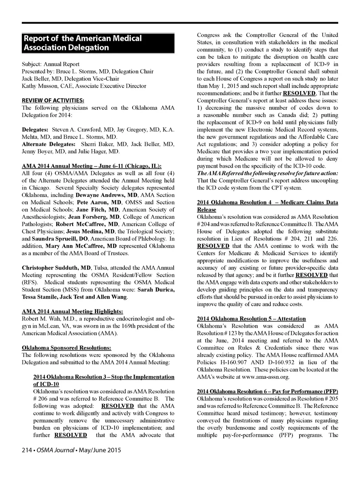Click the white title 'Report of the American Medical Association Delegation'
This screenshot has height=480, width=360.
pyautogui.click(x=83, y=43)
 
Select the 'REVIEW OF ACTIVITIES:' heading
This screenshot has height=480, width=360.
pyautogui.click(x=53, y=101)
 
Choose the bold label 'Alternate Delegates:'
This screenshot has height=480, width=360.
pyautogui.click(x=49, y=144)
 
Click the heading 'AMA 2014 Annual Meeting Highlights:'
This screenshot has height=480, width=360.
pyautogui.click(x=72, y=312)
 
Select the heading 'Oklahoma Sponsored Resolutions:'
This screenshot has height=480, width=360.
pyautogui.click(x=66, y=348)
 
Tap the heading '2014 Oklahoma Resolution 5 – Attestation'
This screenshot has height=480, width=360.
pyautogui.click(x=251, y=319)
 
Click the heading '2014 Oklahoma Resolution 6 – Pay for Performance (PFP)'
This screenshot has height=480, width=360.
pyautogui.click(x=268, y=391)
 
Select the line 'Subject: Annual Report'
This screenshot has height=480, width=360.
pyautogui.click(x=51, y=64)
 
